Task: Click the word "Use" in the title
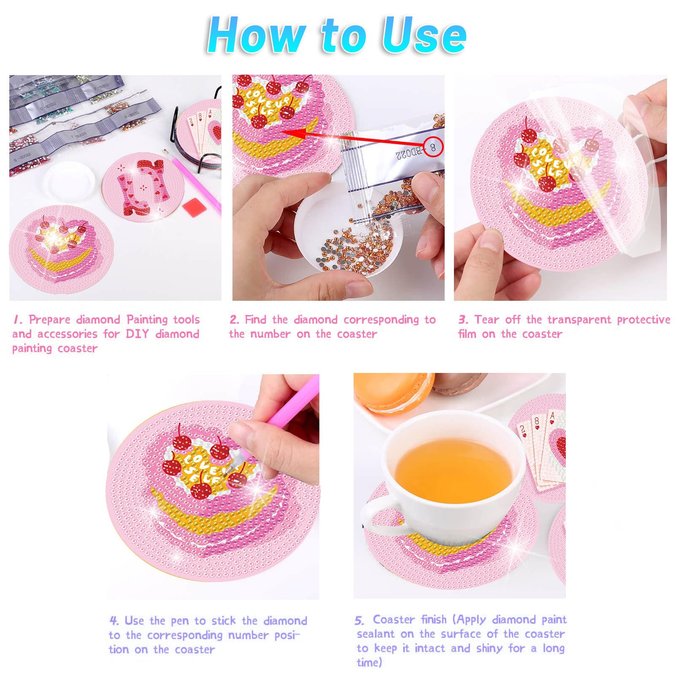click(x=424, y=35)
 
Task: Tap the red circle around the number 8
click(x=433, y=147)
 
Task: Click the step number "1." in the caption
click(x=18, y=320)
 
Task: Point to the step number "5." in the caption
click(x=359, y=621)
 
